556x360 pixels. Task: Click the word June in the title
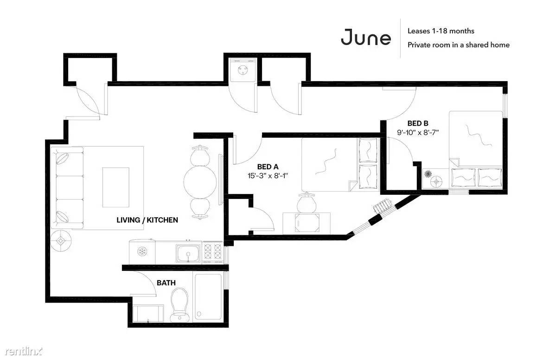[366, 38]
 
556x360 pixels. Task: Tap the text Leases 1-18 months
[441, 31]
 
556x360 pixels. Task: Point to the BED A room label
[268, 167]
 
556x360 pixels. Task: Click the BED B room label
[418, 123]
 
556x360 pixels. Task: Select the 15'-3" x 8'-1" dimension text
[268, 175]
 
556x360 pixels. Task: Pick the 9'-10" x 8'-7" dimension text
[418, 133]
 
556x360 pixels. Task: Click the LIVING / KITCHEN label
[147, 220]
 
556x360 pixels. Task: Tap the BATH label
[166, 283]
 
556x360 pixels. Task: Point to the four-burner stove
[212, 252]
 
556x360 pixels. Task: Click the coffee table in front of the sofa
[115, 187]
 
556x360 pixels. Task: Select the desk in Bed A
[307, 223]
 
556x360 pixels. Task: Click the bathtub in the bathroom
[208, 296]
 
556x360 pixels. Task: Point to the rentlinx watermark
[23, 351]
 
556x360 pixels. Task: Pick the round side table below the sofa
[61, 241]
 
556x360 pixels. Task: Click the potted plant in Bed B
[428, 174]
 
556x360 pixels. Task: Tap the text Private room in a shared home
[459, 45]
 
